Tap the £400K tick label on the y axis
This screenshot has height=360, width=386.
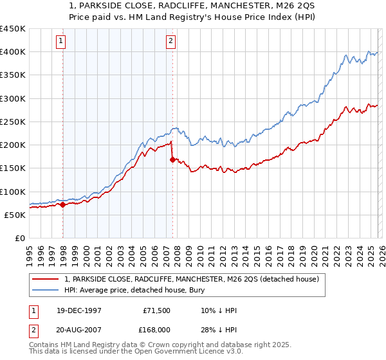13,52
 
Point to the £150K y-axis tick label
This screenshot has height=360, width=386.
13,168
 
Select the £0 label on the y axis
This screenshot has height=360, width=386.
19,238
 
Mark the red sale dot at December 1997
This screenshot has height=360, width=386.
62,205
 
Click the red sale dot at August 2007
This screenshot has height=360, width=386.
172,160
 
